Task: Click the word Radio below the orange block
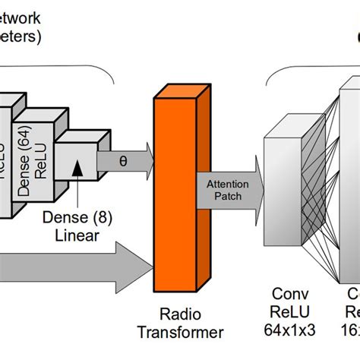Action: click(179, 314)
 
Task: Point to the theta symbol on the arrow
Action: click(123, 161)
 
